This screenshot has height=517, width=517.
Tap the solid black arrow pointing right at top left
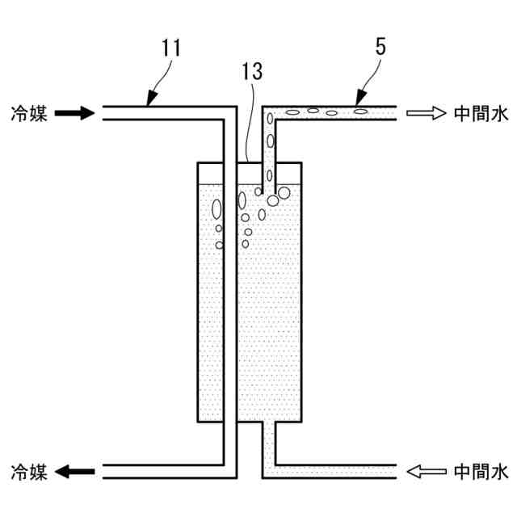pos(74,114)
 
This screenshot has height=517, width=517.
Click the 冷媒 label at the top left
pos(29,114)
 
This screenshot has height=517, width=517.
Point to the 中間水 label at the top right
pos(480,114)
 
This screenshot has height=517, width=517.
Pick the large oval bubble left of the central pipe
pos(216,209)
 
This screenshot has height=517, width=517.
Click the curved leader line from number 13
pos(247,121)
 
